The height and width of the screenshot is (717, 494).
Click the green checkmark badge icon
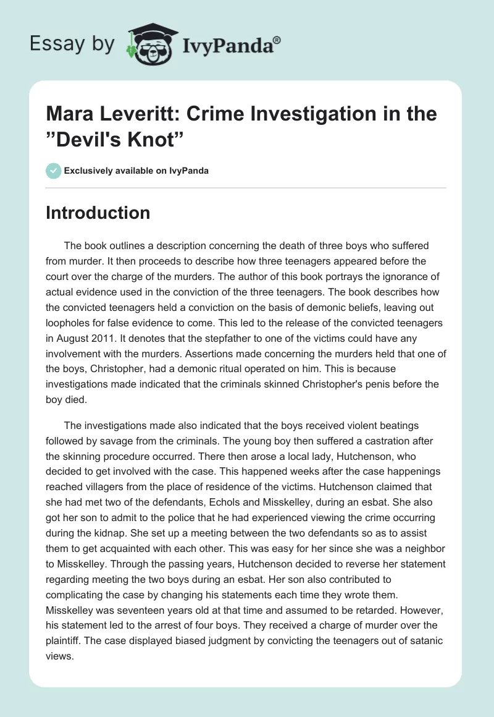53,171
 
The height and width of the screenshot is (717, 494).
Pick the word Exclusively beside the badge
87,171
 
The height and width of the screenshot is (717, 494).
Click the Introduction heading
98,213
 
